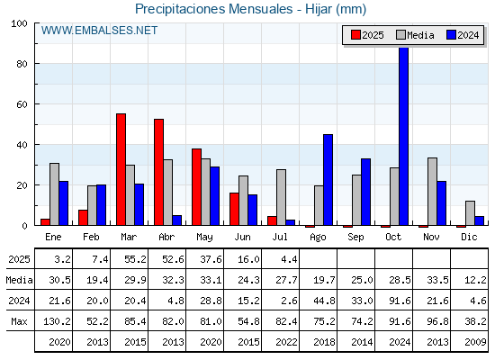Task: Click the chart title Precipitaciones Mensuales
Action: point(214,9)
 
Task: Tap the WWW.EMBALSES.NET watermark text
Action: point(99,31)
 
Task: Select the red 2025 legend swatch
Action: point(355,35)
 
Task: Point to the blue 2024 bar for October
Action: point(404,137)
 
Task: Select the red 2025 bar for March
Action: point(121,169)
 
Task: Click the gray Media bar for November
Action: point(432,192)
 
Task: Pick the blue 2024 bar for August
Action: point(328,180)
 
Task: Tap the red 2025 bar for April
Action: point(158,172)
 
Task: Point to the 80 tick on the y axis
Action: point(22,64)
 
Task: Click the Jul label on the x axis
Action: point(280,238)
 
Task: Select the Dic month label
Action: point(469,238)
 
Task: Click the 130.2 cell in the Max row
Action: point(57,321)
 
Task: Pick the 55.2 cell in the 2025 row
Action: point(135,259)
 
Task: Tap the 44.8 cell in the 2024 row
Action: point(324,301)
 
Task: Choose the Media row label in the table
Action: point(19,280)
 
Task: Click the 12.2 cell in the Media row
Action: point(475,280)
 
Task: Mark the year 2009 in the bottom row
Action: point(475,342)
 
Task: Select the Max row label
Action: point(19,321)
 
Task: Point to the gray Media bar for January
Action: point(54,194)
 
